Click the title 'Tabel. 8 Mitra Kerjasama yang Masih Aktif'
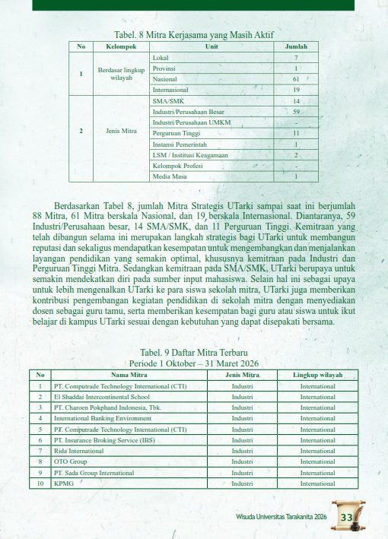click(193, 35)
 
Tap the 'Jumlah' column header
click(295, 46)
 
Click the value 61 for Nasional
click(295, 79)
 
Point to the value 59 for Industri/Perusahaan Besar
click(295, 112)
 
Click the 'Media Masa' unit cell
click(170, 176)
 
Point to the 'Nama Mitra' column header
click(129, 376)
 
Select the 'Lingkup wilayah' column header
click(317, 376)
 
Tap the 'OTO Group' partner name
click(71, 461)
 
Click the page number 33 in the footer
click(347, 518)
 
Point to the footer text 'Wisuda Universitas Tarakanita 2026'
click(281, 518)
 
